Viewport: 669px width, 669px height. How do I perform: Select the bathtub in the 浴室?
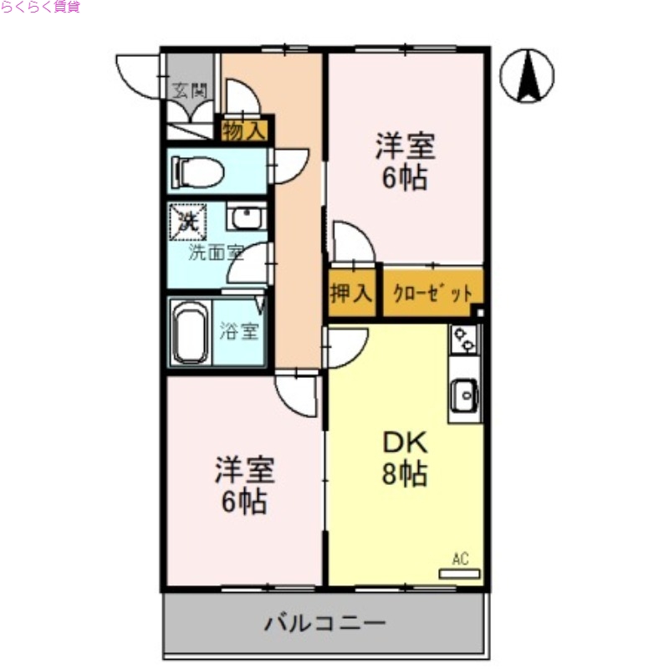[191, 332]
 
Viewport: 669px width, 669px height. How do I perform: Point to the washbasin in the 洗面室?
[247, 217]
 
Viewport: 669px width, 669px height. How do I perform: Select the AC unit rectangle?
[460, 575]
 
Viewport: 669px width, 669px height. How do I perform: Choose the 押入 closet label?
[351, 294]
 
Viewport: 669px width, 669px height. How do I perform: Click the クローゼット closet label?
[433, 294]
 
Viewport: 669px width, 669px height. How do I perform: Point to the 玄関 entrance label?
[189, 89]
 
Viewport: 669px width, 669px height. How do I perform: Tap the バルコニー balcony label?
[325, 623]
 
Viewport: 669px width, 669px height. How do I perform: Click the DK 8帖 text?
[406, 458]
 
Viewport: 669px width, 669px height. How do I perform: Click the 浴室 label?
[239, 331]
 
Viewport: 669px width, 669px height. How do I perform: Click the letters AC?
[460, 559]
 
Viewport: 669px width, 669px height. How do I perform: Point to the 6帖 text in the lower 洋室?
[244, 501]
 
